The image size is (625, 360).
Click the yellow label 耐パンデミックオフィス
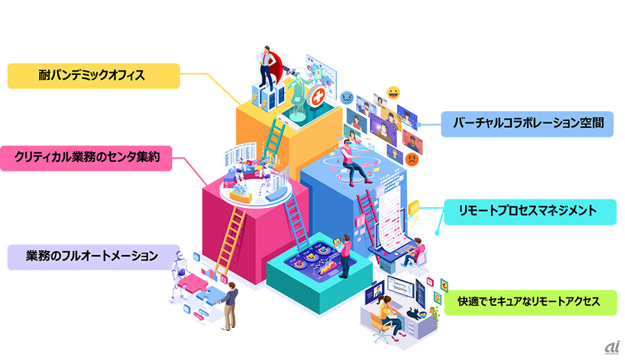(94, 76)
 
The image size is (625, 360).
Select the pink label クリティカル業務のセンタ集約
(86, 158)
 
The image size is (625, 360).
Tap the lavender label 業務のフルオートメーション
(94, 257)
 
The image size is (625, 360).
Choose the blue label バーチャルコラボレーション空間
(527, 124)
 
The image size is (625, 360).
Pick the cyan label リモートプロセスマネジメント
(530, 212)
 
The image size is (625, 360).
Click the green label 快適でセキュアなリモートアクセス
(531, 302)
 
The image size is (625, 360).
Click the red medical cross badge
(317, 96)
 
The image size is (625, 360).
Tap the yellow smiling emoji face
(393, 93)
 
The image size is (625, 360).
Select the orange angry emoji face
(412, 159)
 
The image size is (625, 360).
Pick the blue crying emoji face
(347, 97)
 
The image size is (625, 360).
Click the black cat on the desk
(415, 313)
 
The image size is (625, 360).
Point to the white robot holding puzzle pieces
(179, 276)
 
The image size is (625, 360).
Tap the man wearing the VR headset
(353, 163)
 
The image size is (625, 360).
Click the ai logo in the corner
(612, 347)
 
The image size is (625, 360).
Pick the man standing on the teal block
(344, 256)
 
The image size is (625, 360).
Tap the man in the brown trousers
(230, 306)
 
